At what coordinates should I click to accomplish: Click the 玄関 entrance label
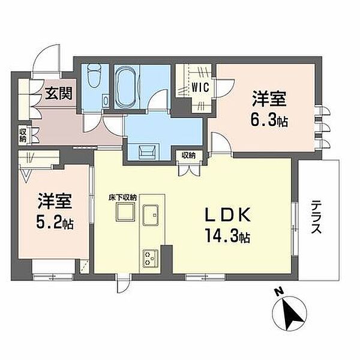coord(59,93)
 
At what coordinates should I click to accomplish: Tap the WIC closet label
coord(200,87)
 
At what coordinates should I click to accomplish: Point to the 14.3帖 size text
coord(227,236)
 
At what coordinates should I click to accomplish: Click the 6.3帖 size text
coord(269,121)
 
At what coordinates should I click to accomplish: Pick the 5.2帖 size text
coord(55,223)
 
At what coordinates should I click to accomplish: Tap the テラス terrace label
coord(316,217)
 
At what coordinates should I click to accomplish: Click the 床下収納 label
coord(123,197)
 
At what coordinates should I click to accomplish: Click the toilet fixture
coord(95,76)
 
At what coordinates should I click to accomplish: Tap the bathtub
coord(125,87)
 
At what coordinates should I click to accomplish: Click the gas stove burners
coord(151,259)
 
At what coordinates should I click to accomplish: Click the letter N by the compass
coord(279,292)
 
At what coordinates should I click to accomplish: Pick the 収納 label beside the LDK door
coord(189,155)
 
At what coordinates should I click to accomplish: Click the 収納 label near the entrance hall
coord(23,136)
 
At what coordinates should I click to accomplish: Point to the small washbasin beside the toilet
coord(106,100)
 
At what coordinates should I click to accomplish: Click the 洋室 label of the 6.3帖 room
coord(269,99)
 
